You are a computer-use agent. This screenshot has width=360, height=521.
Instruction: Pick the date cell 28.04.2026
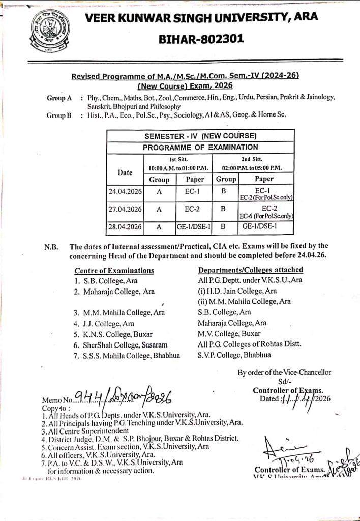pos(125,225)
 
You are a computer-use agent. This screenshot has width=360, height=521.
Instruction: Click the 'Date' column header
pos(125,172)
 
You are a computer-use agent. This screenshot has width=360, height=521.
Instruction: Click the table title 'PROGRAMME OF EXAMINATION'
pos(200,147)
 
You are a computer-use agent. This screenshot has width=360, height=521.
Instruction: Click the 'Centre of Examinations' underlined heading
pos(114,270)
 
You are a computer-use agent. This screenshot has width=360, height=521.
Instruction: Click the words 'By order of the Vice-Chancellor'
pos(284,373)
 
